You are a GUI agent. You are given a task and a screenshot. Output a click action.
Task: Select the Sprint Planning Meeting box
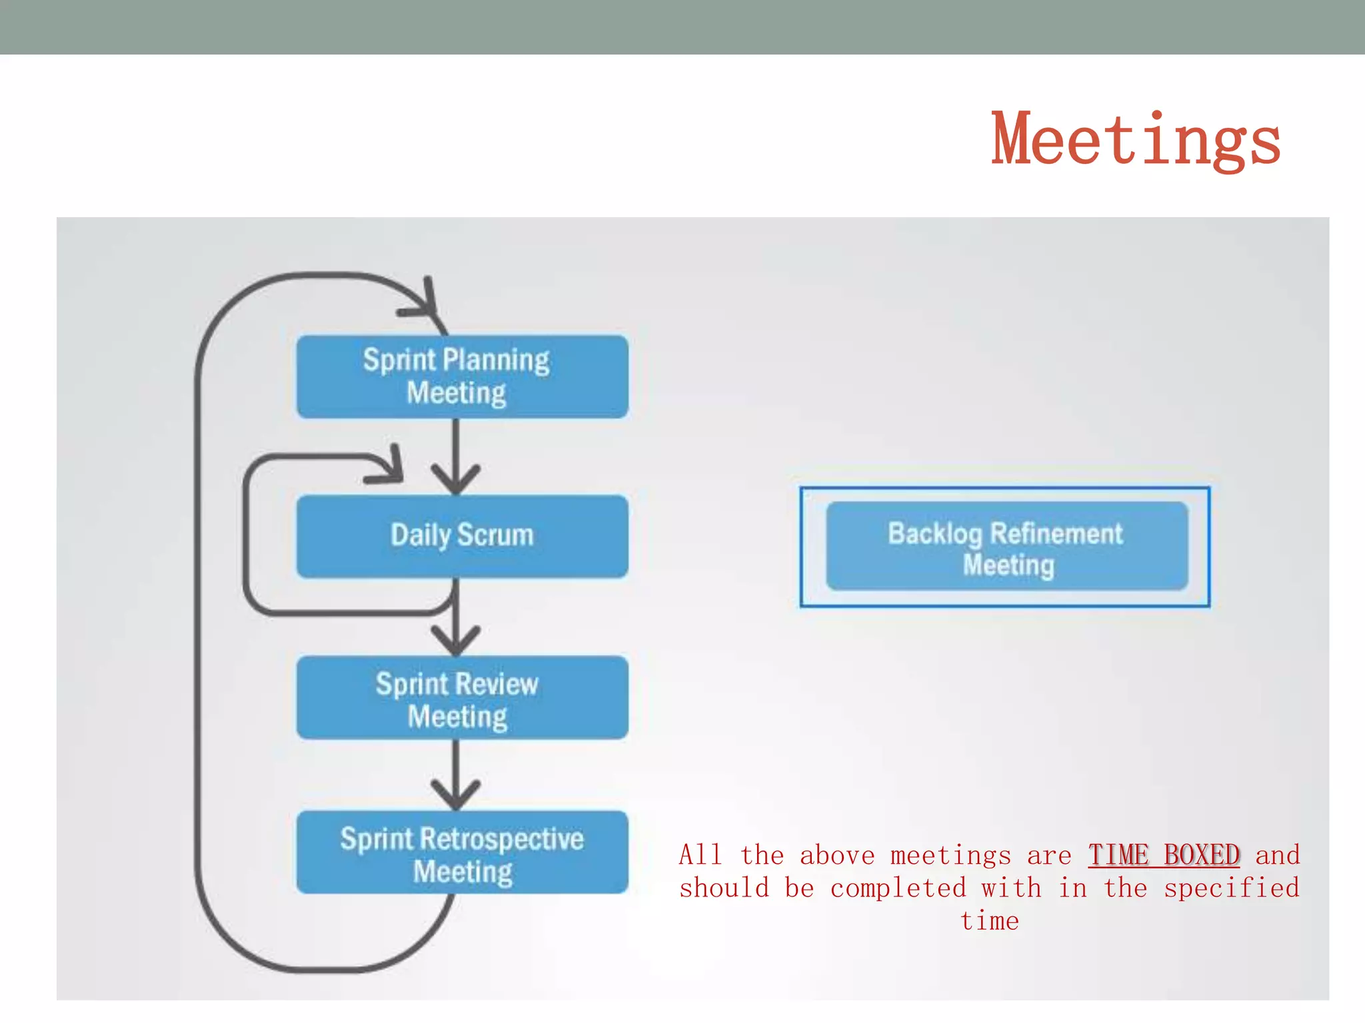coord(462,377)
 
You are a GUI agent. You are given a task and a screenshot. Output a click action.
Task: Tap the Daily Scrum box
coord(462,536)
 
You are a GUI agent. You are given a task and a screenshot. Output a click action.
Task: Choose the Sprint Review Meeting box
coord(462,697)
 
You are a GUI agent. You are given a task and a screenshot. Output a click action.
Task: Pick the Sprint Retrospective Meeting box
coord(462,852)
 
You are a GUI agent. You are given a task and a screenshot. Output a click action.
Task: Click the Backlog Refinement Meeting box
coord(1006,546)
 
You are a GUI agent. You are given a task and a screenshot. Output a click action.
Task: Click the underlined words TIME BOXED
coord(1164,855)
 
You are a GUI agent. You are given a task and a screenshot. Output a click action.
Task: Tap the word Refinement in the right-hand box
coord(1056,533)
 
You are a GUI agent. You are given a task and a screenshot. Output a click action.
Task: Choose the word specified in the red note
coord(1232,888)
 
